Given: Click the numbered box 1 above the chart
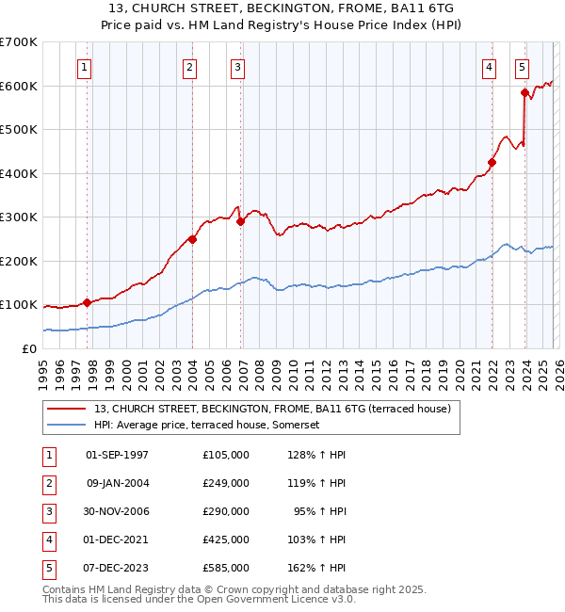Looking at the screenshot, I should (85, 67).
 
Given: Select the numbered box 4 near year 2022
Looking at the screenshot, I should (490, 67).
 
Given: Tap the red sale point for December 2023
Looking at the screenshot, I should (525, 92).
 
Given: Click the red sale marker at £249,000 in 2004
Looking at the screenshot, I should (192, 239).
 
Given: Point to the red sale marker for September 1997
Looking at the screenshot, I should (88, 302).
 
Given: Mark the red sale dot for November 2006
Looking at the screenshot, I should (240, 222).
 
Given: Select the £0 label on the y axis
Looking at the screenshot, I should (29, 348).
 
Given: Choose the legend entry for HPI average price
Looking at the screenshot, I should (207, 426).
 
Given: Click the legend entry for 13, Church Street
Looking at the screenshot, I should (272, 409).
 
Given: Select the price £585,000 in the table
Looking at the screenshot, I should (225, 568).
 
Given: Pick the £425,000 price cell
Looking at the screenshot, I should (225, 540).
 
